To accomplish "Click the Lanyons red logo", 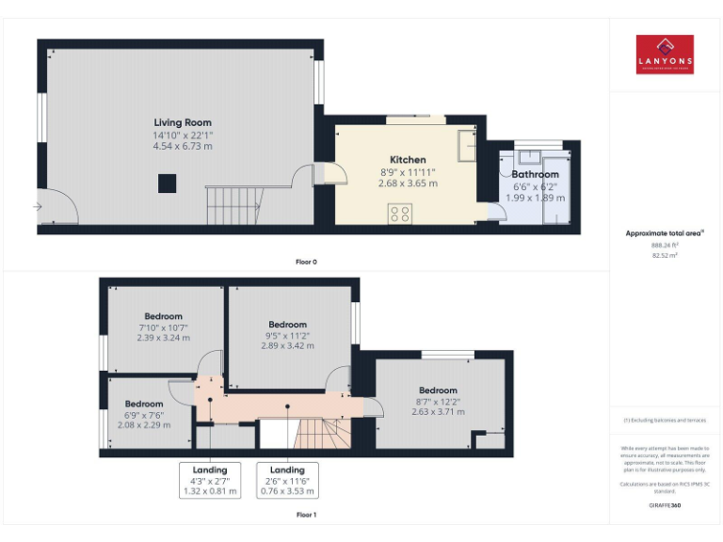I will coord(665,55).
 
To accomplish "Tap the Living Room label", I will coord(183,122).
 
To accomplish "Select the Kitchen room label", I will coord(408,160).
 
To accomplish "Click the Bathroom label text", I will coord(535,174).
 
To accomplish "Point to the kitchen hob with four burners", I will coord(398,212).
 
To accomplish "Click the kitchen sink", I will coord(465,145).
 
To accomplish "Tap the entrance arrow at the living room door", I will coord(37,206).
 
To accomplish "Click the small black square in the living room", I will coord(166,185).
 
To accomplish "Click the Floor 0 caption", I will coord(306,262).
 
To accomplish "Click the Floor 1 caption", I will coord(306,515).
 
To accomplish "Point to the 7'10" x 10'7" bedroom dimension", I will coord(163,327).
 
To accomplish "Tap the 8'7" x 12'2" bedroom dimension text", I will coord(438,401).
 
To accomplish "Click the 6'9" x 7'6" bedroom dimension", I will coord(144,415).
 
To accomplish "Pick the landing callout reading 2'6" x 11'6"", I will coord(287,481).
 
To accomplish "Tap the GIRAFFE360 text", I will coord(665,505).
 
